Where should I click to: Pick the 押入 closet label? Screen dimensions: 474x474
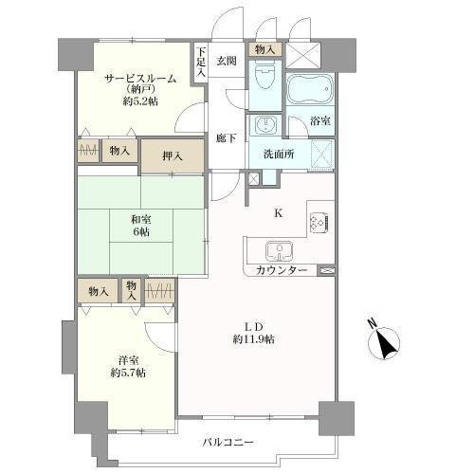(173, 155)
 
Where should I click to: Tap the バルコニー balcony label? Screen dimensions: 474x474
(228, 443)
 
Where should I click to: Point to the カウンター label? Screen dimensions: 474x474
(281, 271)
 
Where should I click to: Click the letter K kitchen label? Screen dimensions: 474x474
(278, 213)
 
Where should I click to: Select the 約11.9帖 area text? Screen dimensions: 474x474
(255, 339)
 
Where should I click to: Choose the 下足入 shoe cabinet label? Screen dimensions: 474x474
(200, 63)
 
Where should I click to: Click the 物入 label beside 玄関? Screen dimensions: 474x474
(264, 48)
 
